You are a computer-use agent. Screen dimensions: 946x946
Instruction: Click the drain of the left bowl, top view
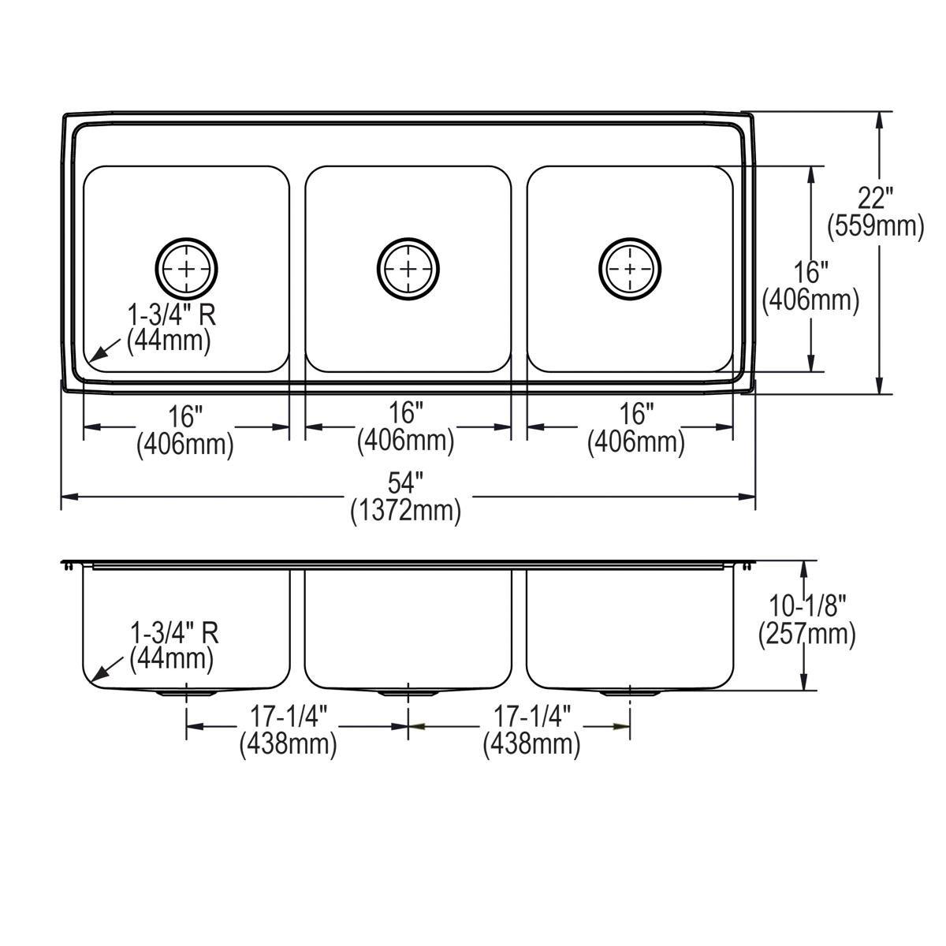coord(187,269)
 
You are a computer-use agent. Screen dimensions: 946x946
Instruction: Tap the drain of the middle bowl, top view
coord(408,269)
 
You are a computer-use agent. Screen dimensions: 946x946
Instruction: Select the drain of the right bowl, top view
coord(629,269)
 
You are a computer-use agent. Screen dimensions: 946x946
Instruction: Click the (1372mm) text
coord(406,511)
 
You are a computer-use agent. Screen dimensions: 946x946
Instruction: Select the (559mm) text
coord(875,226)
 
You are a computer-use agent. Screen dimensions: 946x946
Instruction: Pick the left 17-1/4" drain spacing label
coord(289,716)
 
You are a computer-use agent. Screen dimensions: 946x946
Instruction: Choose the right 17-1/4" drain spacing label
coord(532,716)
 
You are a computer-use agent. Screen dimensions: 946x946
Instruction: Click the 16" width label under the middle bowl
coord(406,412)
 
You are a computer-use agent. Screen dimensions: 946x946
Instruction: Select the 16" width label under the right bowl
coord(636,412)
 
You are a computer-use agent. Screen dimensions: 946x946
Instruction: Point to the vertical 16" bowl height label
coord(810,273)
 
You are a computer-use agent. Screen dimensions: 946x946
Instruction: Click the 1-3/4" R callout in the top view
coord(172,315)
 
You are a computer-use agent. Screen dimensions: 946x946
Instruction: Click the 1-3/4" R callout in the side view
coord(174,632)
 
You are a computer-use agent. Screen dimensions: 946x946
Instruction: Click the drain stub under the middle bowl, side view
coord(408,694)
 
